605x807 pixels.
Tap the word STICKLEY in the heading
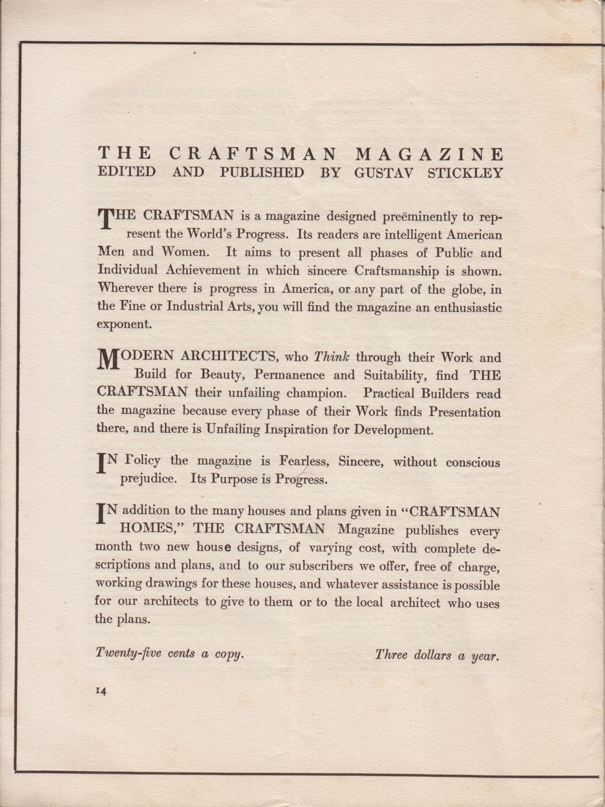464,173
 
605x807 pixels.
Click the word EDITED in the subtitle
126,172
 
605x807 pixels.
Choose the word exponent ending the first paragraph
123,324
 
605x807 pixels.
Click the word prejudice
148,479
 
